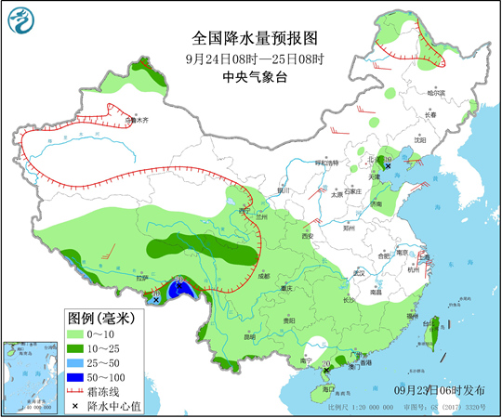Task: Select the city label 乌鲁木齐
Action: pyautogui.click(x=137, y=120)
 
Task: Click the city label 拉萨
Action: pyautogui.click(x=141, y=277)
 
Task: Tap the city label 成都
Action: pyautogui.click(x=263, y=275)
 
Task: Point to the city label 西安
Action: pyautogui.click(x=307, y=236)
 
